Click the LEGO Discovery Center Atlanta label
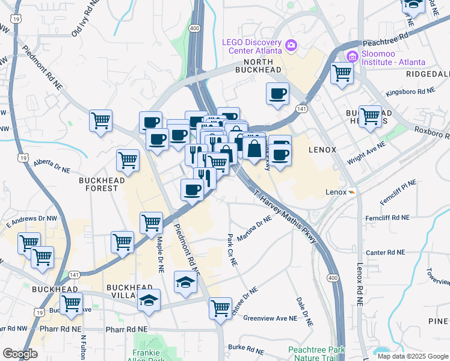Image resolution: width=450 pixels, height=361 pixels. (252, 47)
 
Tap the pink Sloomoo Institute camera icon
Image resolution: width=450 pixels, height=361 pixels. (353, 57)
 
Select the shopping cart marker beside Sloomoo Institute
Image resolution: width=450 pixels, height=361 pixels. (342, 74)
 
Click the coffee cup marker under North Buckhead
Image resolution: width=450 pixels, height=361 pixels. (277, 94)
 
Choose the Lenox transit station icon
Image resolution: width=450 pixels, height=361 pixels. (352, 192)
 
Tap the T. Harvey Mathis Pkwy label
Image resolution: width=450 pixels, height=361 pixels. (285, 217)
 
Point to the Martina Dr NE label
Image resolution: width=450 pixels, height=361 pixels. (254, 229)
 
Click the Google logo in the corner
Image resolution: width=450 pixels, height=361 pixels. (20, 354)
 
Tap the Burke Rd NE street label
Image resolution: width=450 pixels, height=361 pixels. (246, 348)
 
